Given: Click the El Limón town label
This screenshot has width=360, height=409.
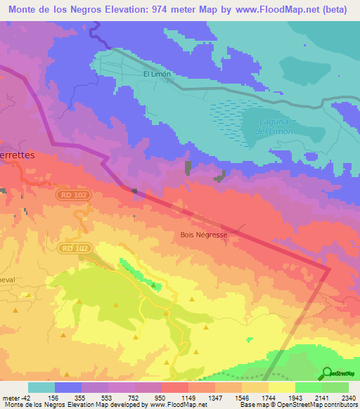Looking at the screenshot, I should [x=157, y=73].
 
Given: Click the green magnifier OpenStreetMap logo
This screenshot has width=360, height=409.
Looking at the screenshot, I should [x=327, y=372].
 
